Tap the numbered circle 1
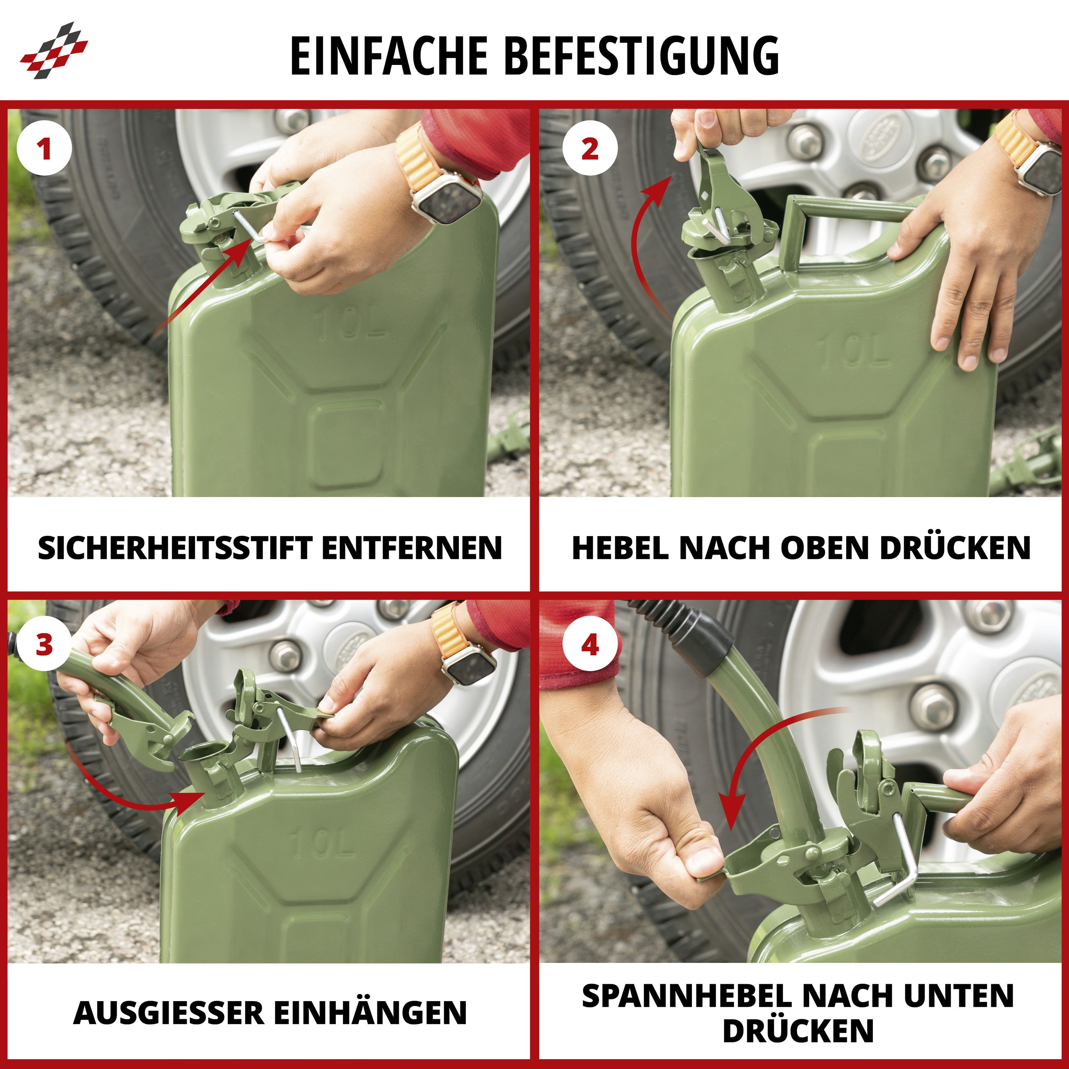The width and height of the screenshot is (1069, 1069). pos(44,148)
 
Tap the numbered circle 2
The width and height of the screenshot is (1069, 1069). pos(590,148)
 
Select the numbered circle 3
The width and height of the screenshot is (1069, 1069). pos(44,645)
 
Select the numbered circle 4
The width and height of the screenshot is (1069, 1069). pos(590,645)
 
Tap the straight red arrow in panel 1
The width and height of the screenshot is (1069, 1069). pos(205,293)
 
